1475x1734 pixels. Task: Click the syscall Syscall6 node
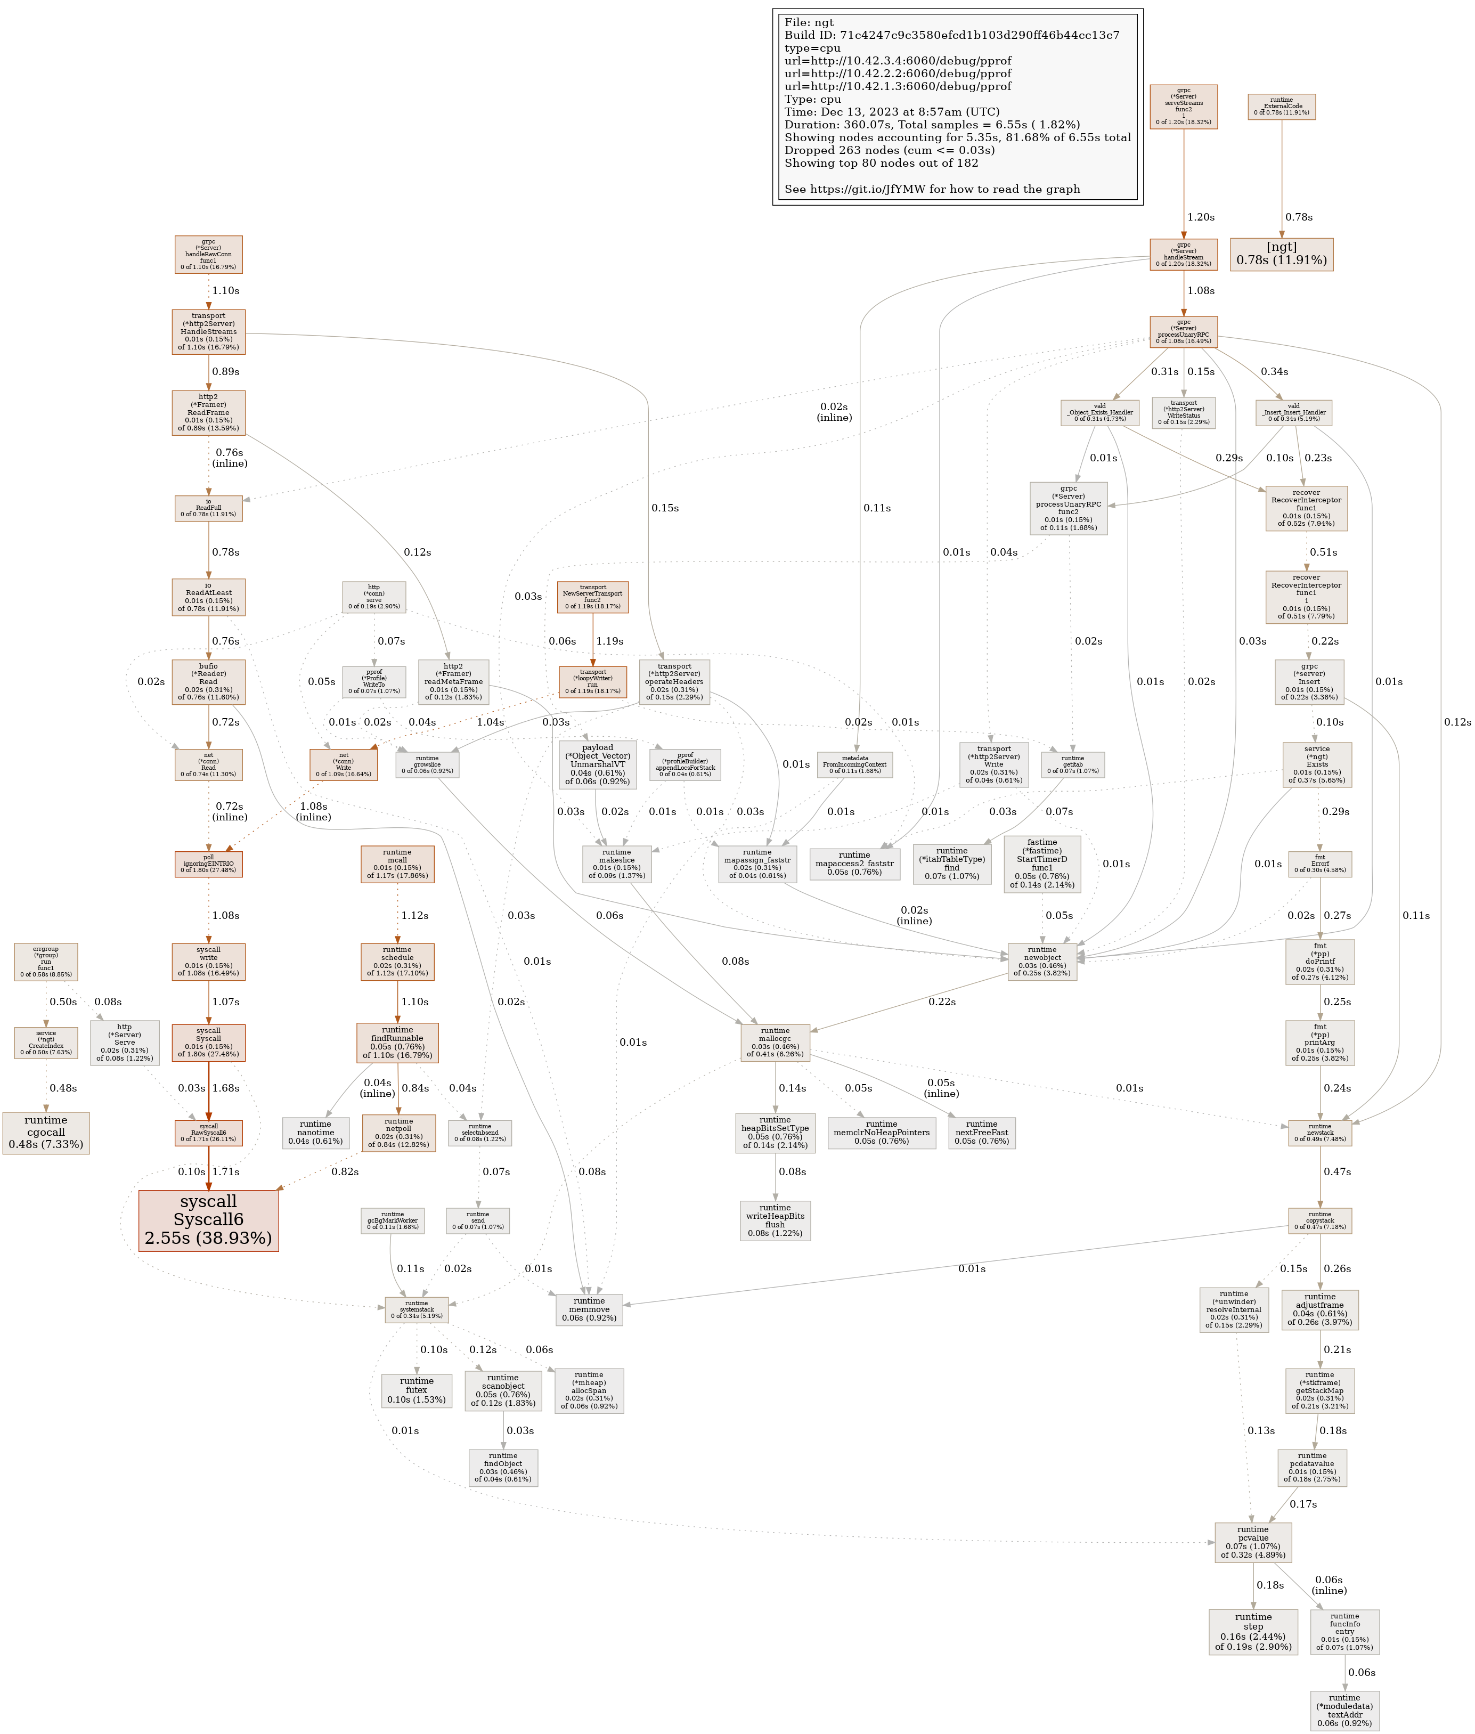coord(208,1220)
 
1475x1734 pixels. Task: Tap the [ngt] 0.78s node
coord(1281,254)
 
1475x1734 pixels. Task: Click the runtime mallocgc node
coord(775,1043)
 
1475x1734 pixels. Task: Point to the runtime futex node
coord(417,1390)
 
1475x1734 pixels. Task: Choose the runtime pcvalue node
coord(1252,1543)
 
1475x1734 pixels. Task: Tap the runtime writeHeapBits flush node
coord(775,1220)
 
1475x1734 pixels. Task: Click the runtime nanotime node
coord(315,1133)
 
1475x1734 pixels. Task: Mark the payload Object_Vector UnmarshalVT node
coord(597,764)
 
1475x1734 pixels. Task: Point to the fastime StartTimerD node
coord(1042,864)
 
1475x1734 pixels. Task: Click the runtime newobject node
coord(1042,962)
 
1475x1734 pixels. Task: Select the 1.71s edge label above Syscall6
coord(226,1171)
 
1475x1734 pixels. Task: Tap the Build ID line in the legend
coord(951,35)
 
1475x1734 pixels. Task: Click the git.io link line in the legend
coord(932,189)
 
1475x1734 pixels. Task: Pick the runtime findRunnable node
coord(397,1043)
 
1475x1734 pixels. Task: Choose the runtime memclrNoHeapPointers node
coord(881,1133)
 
